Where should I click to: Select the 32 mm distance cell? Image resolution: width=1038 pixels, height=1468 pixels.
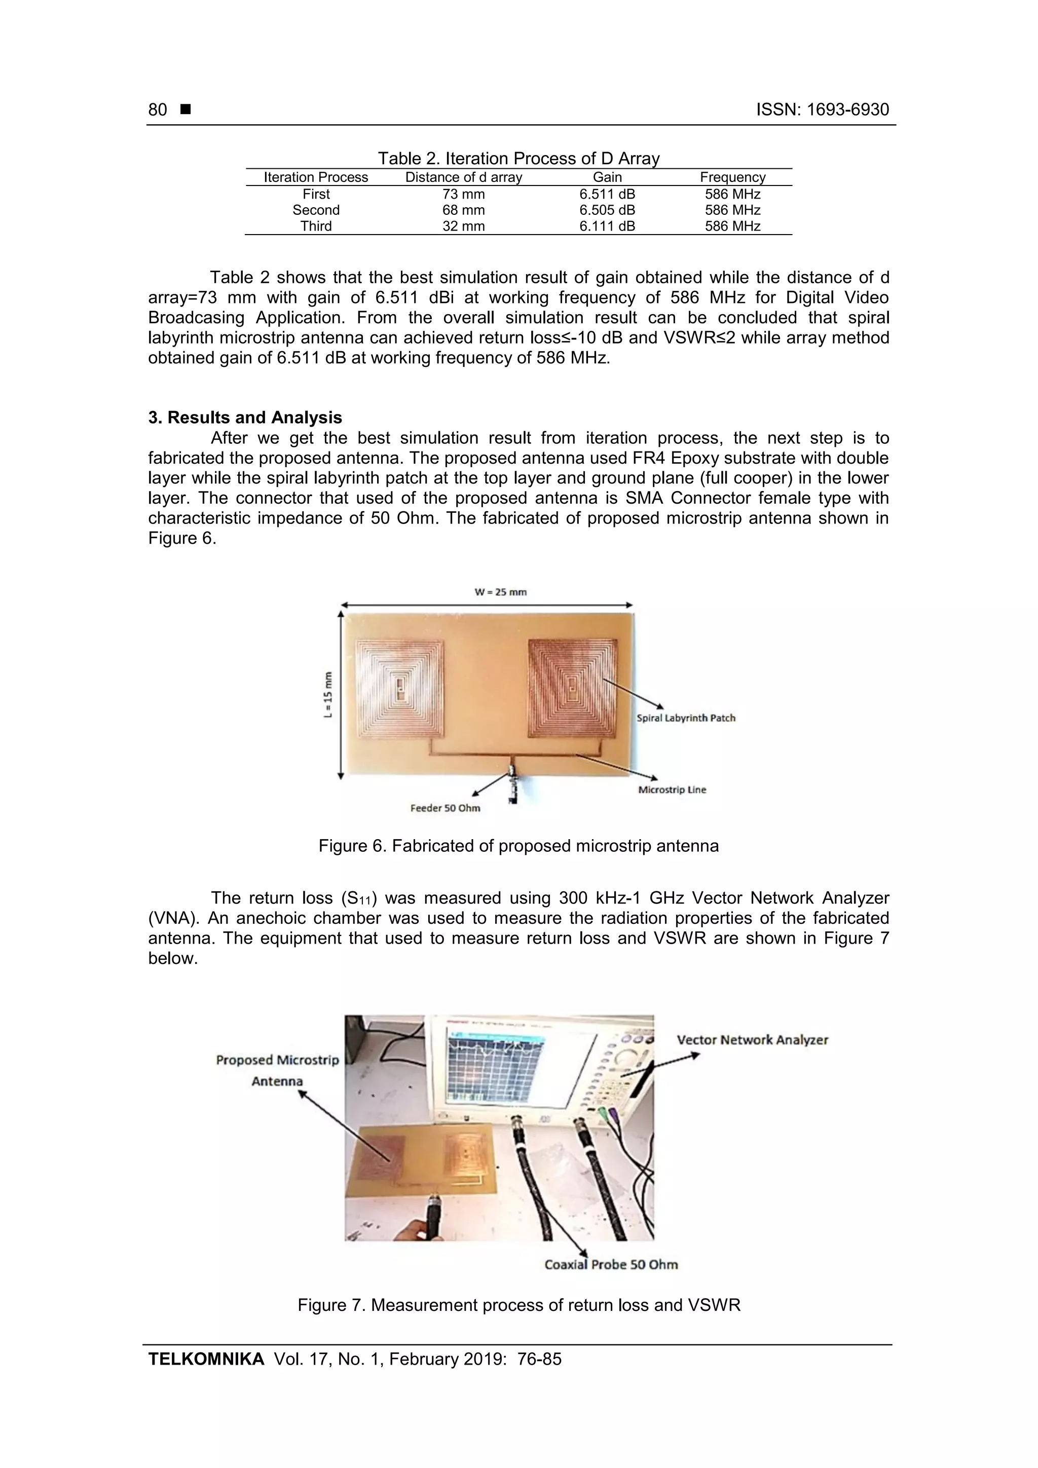coord(463,227)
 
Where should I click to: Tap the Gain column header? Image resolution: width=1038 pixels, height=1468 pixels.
coord(607,177)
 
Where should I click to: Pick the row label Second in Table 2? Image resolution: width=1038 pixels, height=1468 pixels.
coord(316,210)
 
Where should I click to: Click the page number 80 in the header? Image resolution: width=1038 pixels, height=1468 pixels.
coord(157,110)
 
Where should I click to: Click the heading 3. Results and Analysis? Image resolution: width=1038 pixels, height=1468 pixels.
coord(245,418)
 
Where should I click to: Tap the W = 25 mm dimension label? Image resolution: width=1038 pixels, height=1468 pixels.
coord(500,592)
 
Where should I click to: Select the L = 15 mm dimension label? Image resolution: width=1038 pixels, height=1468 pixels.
coord(328,695)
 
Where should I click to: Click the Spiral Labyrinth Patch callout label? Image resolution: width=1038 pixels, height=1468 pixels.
coord(686,718)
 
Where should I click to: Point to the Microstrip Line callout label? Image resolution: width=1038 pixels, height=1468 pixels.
coord(672,789)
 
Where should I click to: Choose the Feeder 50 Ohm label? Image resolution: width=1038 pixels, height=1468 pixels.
coord(445,808)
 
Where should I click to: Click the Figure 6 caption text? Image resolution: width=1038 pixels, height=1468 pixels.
coord(518,846)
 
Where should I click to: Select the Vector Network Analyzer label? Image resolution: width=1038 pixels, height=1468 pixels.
coord(752,1040)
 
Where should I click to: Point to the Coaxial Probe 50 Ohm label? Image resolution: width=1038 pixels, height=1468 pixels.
coord(611,1264)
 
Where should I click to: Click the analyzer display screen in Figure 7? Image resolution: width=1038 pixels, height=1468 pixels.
coord(496,1065)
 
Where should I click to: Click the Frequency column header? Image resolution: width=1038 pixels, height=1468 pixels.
coord(732,177)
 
